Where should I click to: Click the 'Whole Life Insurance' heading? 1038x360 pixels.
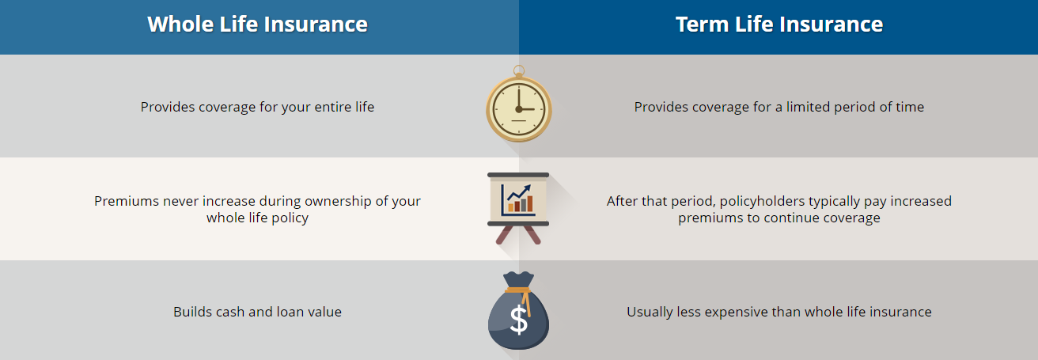pos(257,24)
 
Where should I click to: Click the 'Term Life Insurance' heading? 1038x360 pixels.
pos(779,24)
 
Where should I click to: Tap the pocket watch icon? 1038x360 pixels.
pos(519,104)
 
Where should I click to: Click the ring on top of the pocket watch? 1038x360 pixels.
pos(519,70)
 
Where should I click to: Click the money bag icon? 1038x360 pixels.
pos(518,310)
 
